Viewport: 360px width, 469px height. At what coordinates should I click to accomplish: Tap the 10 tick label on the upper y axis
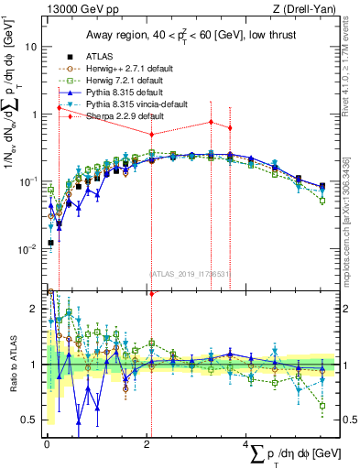click(31, 47)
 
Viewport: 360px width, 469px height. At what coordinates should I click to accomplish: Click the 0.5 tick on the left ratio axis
click(29, 420)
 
